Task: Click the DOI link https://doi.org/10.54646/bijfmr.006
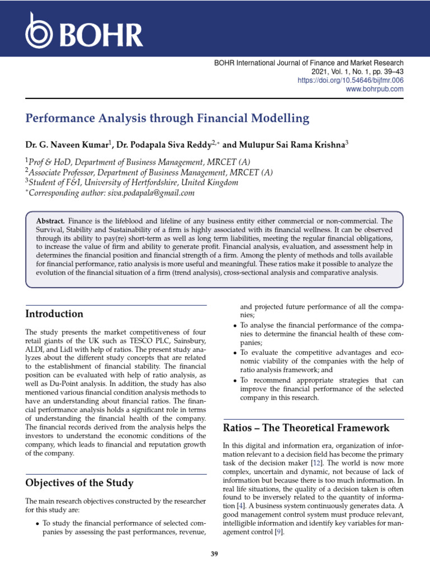pyautogui.click(x=350, y=81)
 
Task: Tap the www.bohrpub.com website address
pyautogui.click(x=375, y=89)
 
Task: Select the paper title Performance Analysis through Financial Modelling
pyautogui.click(x=167, y=119)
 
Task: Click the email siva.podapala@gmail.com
pyautogui.click(x=151, y=193)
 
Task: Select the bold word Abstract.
pyautogui.click(x=51, y=222)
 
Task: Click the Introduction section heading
pyautogui.click(x=54, y=314)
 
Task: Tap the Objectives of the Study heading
pyautogui.click(x=80, y=482)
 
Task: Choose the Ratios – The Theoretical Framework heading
pyautogui.click(x=306, y=428)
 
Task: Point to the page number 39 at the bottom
pyautogui.click(x=214, y=554)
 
